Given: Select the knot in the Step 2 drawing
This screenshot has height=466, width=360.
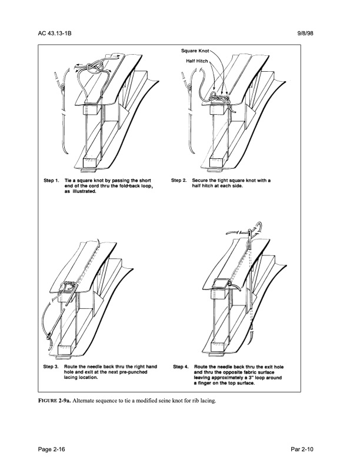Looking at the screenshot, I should [x=221, y=95].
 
